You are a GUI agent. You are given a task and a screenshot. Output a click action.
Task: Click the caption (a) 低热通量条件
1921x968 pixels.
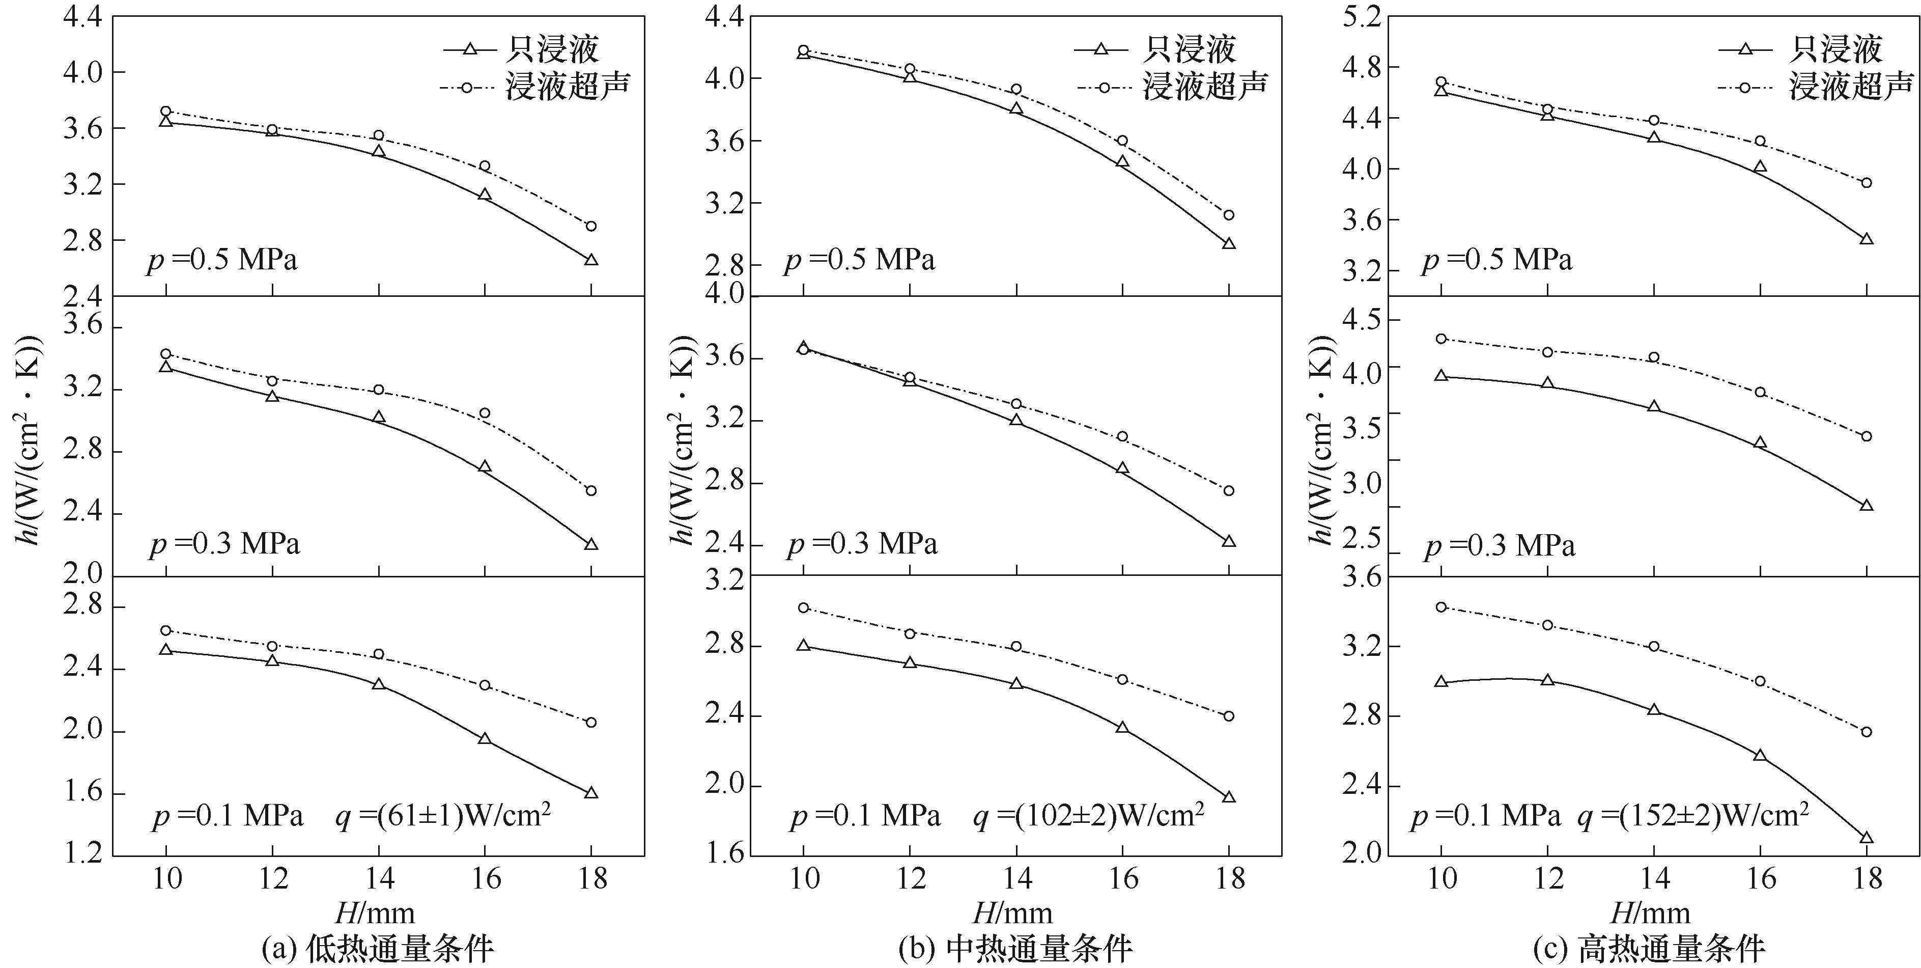378,949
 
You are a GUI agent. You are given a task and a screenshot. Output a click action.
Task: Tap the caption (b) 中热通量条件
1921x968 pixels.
1015,949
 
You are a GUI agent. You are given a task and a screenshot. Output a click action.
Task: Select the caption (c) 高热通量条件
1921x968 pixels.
1650,949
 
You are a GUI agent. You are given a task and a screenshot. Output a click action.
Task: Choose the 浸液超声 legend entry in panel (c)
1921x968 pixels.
1849,87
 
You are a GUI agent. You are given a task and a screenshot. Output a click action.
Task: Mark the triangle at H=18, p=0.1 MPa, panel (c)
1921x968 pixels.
1867,837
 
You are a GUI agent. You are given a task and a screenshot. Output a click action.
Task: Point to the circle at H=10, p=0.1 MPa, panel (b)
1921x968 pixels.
803,608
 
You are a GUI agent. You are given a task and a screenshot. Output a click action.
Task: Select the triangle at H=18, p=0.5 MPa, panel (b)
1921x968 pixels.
1229,243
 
